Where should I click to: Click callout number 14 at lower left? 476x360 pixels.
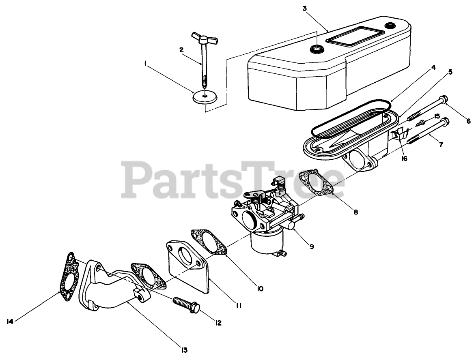[11, 321]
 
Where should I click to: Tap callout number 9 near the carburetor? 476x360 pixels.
[311, 246]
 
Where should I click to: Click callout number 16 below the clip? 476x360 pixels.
[405, 159]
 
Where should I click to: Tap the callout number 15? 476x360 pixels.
[437, 116]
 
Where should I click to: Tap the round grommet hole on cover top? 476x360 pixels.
[316, 50]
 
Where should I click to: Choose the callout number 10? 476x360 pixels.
[260, 288]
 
